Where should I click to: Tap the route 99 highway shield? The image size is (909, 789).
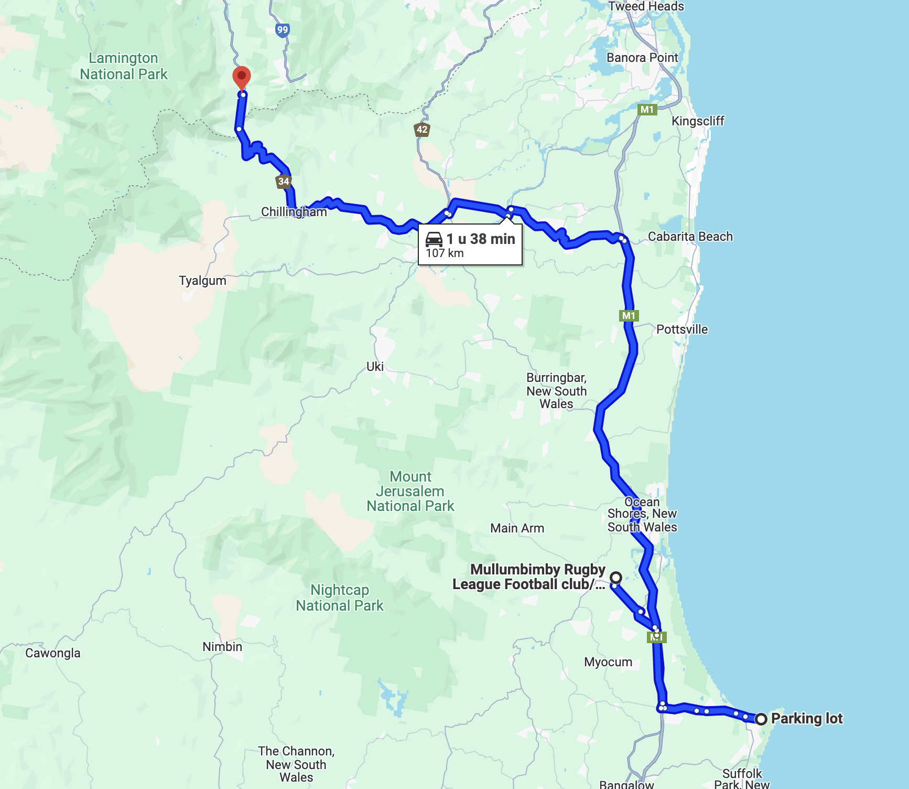(283, 30)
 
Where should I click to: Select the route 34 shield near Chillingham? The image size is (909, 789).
(284, 182)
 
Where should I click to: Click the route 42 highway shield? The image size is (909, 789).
(422, 130)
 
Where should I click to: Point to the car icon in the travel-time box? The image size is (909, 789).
(434, 239)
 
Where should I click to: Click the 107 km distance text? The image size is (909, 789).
(445, 253)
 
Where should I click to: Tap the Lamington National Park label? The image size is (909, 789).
(124, 66)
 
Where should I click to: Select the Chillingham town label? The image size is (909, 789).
(294, 212)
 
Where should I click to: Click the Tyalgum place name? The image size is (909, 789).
(202, 281)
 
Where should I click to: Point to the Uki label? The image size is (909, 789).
(375, 367)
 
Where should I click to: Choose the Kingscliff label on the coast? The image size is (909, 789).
(698, 121)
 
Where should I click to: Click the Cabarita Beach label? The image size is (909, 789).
(690, 237)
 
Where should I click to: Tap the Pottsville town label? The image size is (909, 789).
(682, 329)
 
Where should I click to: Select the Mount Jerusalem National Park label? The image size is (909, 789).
(410, 492)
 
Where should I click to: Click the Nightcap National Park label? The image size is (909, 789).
(340, 598)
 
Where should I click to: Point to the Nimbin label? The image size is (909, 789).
(222, 647)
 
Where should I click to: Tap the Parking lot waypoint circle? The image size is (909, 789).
(761, 719)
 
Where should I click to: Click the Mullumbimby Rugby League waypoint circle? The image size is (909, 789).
(616, 578)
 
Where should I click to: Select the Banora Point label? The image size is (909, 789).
(642, 58)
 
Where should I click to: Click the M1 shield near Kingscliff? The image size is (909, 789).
(647, 110)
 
